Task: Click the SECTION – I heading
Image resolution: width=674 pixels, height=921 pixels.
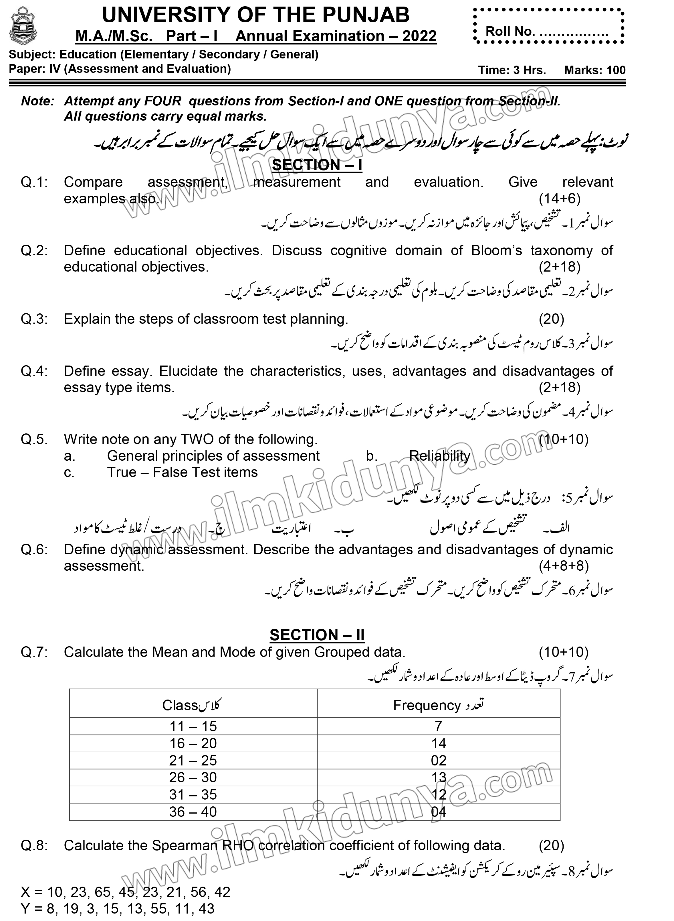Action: click(317, 165)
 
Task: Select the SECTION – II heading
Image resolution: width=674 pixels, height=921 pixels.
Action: click(317, 635)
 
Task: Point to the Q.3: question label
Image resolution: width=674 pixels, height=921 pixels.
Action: click(34, 319)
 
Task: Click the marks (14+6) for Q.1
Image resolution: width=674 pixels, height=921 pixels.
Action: click(559, 199)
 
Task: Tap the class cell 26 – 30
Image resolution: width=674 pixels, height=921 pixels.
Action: click(193, 777)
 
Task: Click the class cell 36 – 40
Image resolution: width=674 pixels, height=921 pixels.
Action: click(193, 812)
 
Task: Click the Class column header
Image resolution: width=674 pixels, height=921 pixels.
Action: click(191, 705)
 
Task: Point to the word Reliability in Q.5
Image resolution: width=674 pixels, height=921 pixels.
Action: click(439, 456)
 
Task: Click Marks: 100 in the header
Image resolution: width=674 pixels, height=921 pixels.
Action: click(594, 70)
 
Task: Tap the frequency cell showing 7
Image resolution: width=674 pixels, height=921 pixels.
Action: click(439, 726)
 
